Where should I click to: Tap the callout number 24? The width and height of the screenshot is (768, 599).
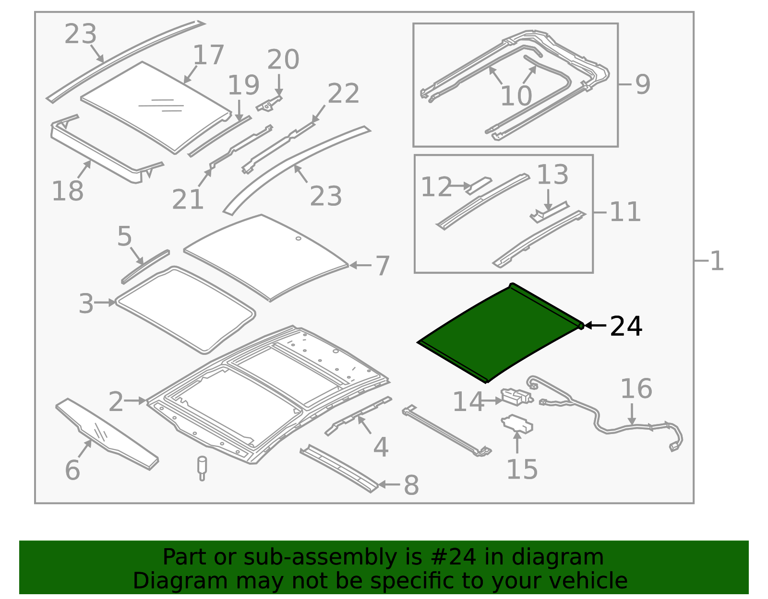coord(625,327)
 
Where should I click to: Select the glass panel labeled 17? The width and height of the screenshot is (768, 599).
coord(154,106)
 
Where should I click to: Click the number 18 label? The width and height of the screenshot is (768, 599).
coord(67,191)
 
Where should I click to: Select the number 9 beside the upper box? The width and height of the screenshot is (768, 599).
coord(643,84)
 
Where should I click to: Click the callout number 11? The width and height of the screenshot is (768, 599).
coord(625,212)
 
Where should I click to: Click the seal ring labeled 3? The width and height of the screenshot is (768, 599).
coord(185,309)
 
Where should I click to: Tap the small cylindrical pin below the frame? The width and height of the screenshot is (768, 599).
coord(202,468)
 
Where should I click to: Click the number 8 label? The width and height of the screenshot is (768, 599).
coord(411,485)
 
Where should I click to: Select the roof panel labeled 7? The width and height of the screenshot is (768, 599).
coord(266,257)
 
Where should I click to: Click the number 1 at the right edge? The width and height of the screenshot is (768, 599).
coord(717,261)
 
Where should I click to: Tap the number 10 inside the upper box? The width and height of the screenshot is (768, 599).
coord(516,96)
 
